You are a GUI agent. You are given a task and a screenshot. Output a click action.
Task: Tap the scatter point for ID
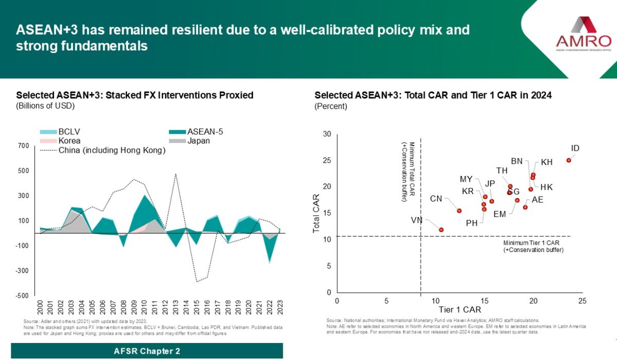pyautogui.click(x=569, y=160)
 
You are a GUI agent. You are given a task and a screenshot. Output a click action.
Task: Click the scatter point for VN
pyautogui.click(x=441, y=229)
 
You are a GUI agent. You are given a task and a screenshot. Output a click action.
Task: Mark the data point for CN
pyautogui.click(x=459, y=210)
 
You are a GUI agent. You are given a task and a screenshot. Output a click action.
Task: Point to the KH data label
pyautogui.click(x=547, y=162)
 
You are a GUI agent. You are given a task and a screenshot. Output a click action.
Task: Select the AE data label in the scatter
pyautogui.click(x=537, y=200)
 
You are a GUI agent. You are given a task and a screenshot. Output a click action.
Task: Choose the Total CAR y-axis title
pyautogui.click(x=317, y=213)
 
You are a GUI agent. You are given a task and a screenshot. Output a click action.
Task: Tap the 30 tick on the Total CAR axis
pyautogui.click(x=326, y=134)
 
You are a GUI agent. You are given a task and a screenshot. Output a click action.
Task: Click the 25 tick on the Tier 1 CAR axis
pyautogui.click(x=582, y=301)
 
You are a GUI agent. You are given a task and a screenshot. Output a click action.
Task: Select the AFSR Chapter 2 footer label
pyautogui.click(x=147, y=351)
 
